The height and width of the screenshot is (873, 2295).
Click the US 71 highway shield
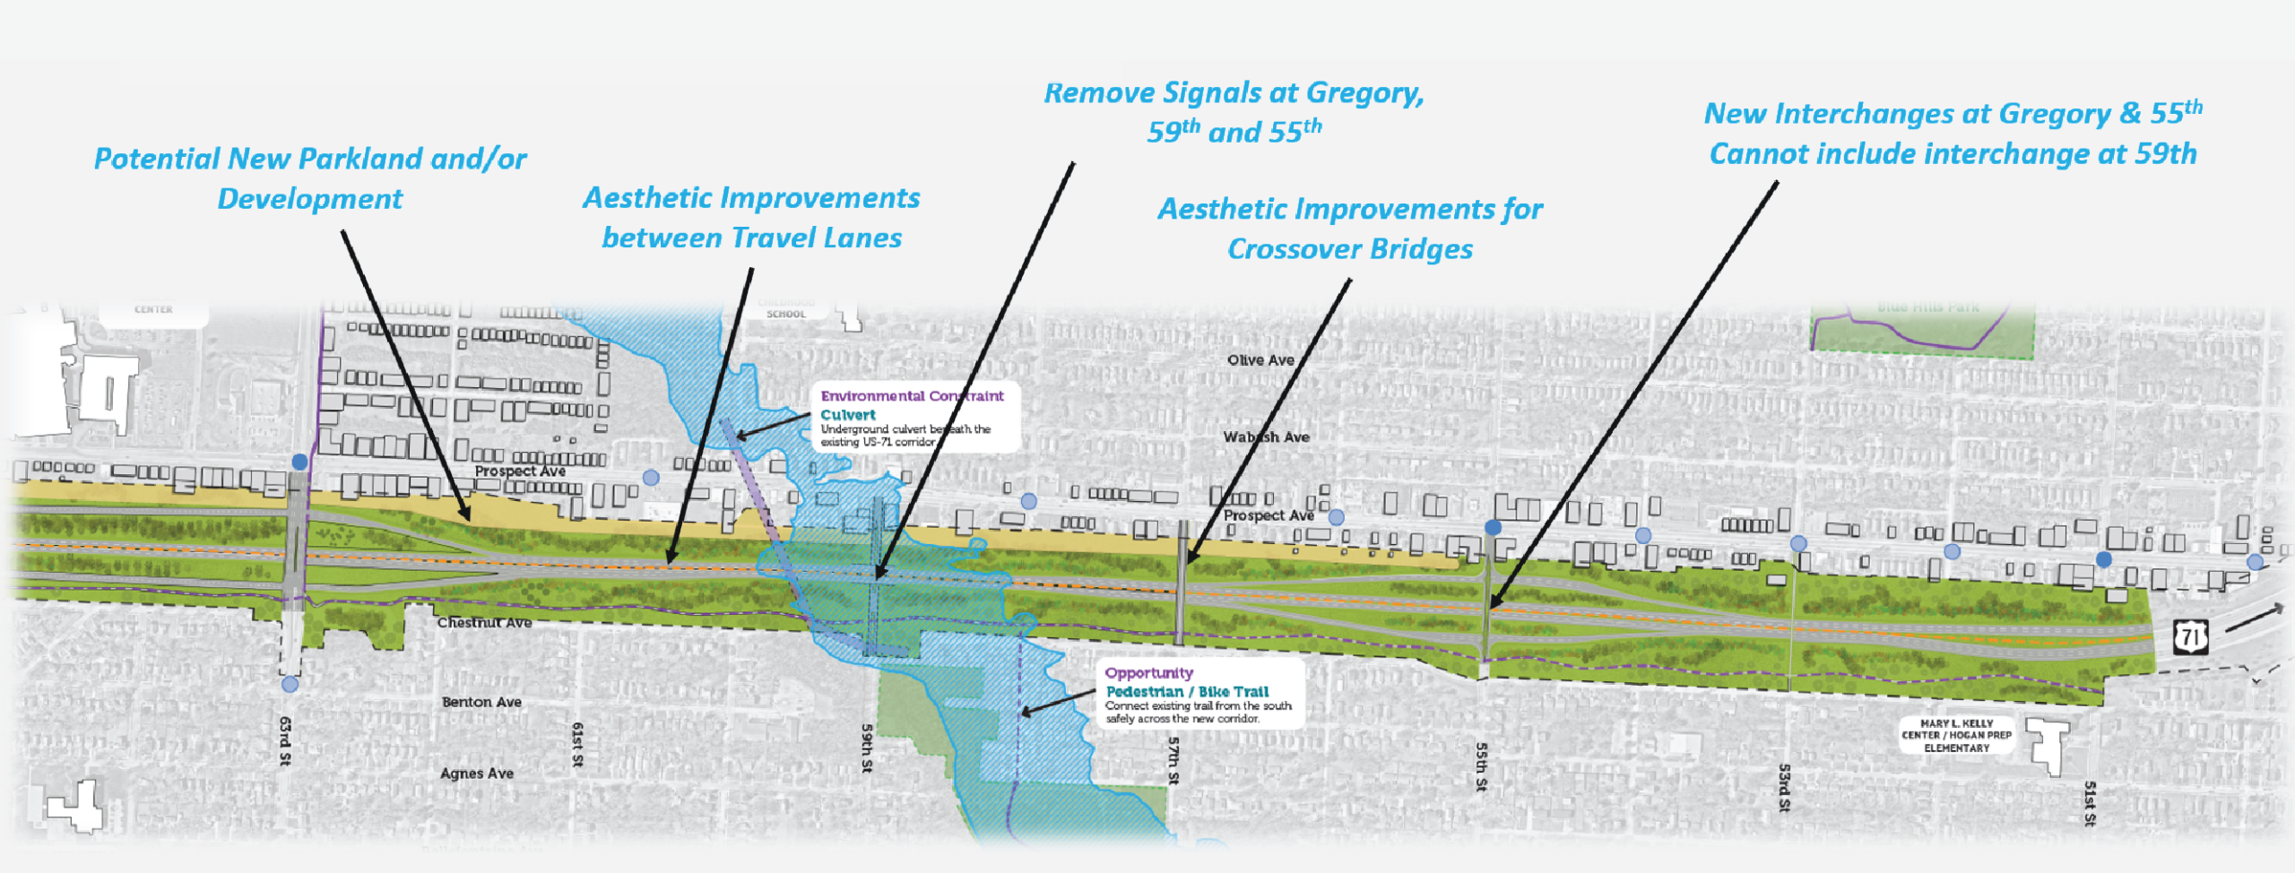click(2190, 637)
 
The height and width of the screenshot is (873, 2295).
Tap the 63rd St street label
click(285, 740)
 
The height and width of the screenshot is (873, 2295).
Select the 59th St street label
click(867, 748)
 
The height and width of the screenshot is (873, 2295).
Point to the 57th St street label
click(1173, 760)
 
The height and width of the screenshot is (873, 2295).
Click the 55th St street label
click(1481, 766)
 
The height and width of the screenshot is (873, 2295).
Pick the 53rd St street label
click(1784, 788)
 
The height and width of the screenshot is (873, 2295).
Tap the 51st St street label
click(2090, 803)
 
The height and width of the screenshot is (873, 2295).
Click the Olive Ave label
click(1260, 360)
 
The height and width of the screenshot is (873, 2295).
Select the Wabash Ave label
click(1266, 437)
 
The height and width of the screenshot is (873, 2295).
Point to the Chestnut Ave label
click(484, 623)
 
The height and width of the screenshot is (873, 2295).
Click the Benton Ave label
click(481, 702)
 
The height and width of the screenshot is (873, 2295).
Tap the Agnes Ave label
click(477, 774)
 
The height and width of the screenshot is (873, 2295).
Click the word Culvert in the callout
click(848, 415)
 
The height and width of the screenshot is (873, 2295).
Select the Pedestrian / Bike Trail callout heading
click(1187, 692)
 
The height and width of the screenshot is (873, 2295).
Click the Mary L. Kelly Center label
click(1956, 735)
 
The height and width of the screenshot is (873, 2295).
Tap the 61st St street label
click(577, 744)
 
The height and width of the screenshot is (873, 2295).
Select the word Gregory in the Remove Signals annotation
click(1364, 93)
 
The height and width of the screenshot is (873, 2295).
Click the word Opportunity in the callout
click(1148, 673)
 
